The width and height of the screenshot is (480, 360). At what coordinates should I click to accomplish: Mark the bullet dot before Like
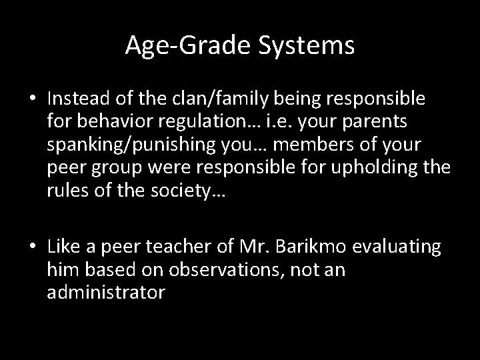33,247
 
